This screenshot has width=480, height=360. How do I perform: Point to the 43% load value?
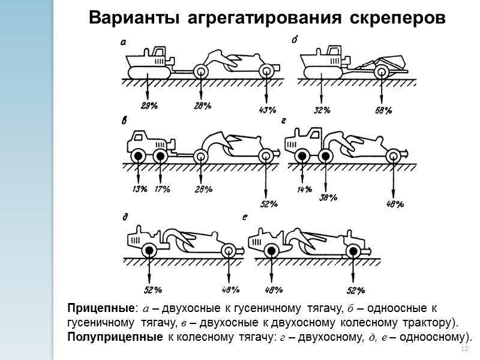coord(267,110)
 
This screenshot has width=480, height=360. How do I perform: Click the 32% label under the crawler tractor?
coord(323,110)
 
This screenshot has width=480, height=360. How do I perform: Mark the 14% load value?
coord(304,190)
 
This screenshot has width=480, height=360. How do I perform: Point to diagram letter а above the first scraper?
coord(123,41)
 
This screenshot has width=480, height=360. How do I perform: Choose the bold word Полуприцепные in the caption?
coord(114,337)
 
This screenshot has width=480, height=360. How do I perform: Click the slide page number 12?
coord(463,350)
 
